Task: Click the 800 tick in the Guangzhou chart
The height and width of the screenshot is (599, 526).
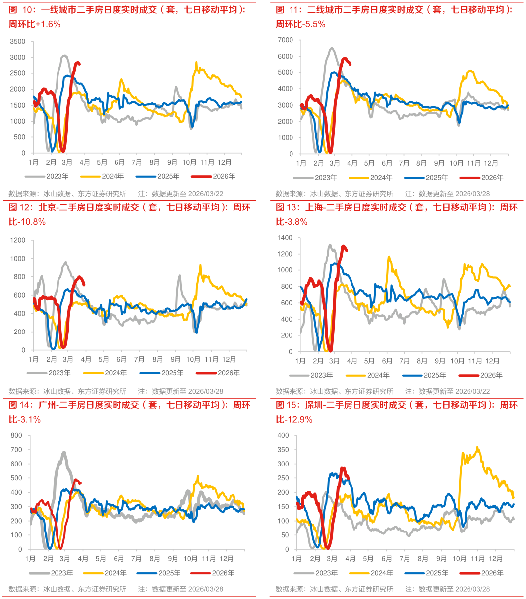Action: point(18,436)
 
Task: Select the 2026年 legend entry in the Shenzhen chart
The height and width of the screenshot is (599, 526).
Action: point(492,573)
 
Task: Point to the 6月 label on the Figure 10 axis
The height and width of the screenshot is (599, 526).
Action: point(119,162)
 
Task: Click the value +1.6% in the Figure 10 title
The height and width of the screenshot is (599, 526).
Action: point(49,24)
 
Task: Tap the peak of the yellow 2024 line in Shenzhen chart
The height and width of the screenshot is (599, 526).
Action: point(477,447)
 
